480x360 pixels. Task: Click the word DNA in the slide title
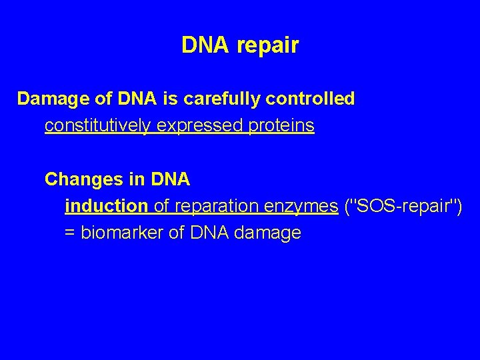point(204,45)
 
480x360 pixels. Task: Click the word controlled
point(310,99)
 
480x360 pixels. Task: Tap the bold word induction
point(106,206)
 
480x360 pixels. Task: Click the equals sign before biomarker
point(69,233)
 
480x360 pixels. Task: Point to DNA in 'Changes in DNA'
point(171,179)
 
